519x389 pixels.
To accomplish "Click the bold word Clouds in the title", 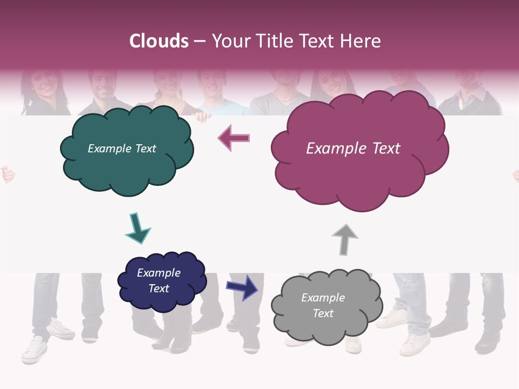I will pos(159,41).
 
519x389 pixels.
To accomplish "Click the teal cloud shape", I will pos(127,167).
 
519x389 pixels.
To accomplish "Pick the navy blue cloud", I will pos(162,297).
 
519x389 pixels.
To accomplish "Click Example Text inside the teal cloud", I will pos(122,149).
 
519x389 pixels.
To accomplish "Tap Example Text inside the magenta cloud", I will pos(353,149).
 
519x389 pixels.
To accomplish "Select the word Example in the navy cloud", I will pos(158,273).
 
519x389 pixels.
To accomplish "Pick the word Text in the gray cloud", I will pos(323,313).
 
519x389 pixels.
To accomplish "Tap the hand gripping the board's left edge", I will pos(8,174).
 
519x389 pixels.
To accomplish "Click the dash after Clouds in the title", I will pos(199,41).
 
